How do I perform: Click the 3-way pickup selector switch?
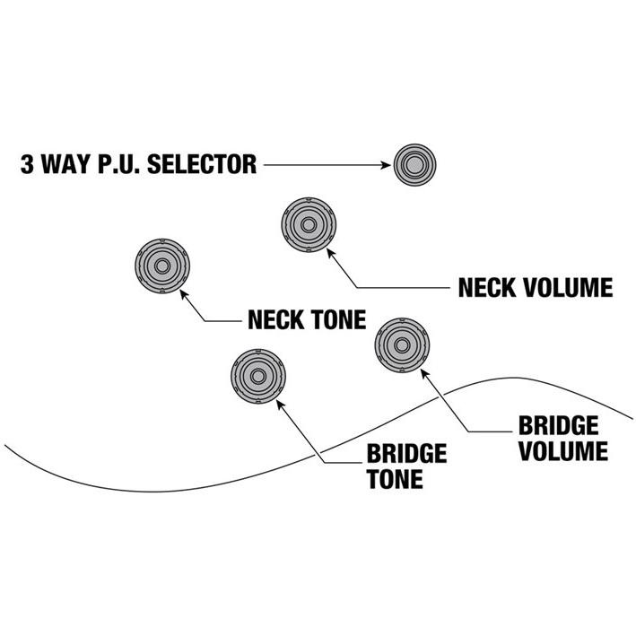click(x=414, y=165)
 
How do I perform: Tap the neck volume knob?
click(x=309, y=224)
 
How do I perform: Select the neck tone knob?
click(x=162, y=267)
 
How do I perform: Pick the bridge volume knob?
click(x=401, y=345)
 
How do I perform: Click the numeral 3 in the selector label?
click(x=27, y=165)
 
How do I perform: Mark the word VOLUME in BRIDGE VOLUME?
click(x=562, y=450)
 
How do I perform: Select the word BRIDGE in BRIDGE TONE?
click(x=406, y=453)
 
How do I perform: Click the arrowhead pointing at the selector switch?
click(x=386, y=165)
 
